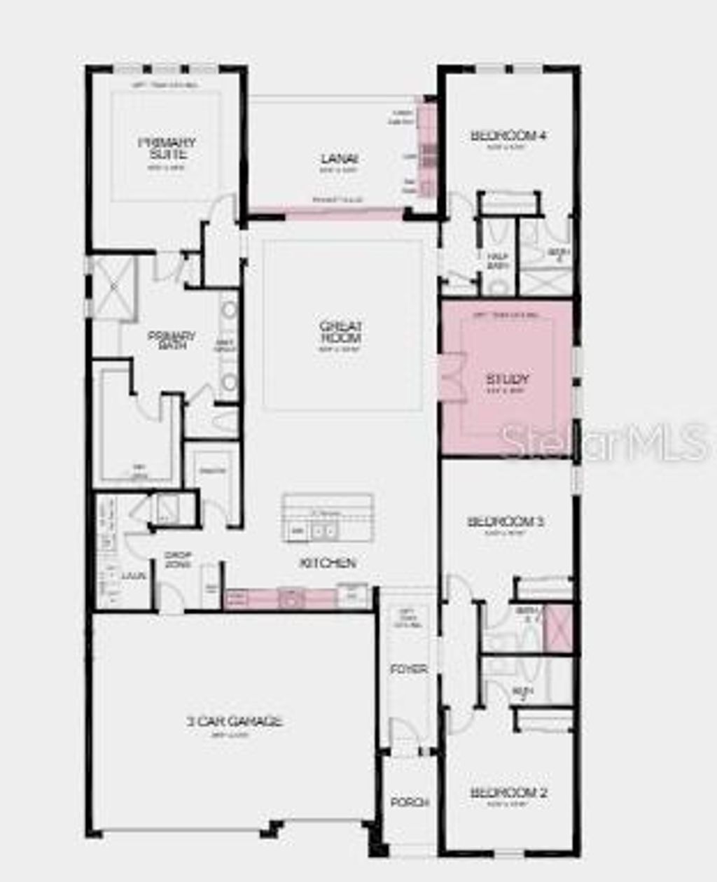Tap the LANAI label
pos(340,159)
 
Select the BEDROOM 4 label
pos(508,135)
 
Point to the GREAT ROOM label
pos(340,332)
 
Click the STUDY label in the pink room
pos(508,379)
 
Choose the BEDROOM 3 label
pos(506,521)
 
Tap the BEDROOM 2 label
pos(508,792)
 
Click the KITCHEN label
pos(328,563)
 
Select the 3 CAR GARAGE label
pos(235,721)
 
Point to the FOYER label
pos(409,669)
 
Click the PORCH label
pos(410,802)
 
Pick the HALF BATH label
pos(497,261)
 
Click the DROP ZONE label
pos(178,559)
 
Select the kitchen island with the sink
pos(328,517)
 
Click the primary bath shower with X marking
pos(114,288)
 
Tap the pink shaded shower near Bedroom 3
pos(559,629)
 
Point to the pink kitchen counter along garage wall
pos(280,598)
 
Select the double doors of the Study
pos(451,378)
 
